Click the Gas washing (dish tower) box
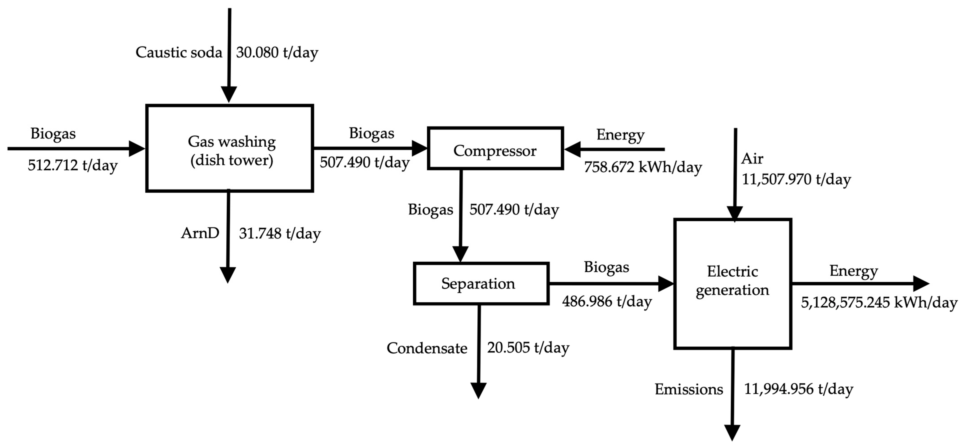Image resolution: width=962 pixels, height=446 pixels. [230, 148]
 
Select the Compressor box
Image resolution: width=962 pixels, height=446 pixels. [495, 148]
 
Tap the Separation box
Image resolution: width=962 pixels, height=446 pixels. [481, 283]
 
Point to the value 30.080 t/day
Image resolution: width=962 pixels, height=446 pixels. [277, 52]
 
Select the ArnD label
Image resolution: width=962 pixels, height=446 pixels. [200, 233]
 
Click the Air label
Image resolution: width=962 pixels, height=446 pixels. [752, 159]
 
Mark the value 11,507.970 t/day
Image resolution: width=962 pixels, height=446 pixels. [796, 179]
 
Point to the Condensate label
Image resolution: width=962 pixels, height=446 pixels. [427, 348]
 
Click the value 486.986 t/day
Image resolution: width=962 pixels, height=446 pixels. [607, 301]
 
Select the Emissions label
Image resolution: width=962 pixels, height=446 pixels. [689, 390]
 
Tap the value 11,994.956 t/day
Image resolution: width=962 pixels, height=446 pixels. [798, 389]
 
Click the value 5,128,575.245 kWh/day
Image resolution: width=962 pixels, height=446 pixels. [879, 302]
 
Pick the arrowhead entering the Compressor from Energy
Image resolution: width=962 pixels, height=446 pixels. [572, 149]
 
